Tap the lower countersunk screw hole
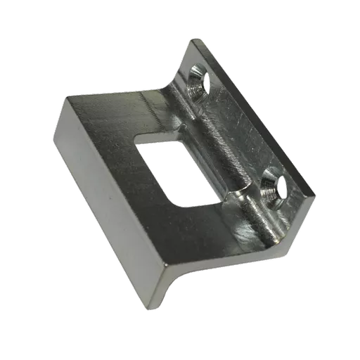(x=274, y=189)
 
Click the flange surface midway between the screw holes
(x=243, y=134)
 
